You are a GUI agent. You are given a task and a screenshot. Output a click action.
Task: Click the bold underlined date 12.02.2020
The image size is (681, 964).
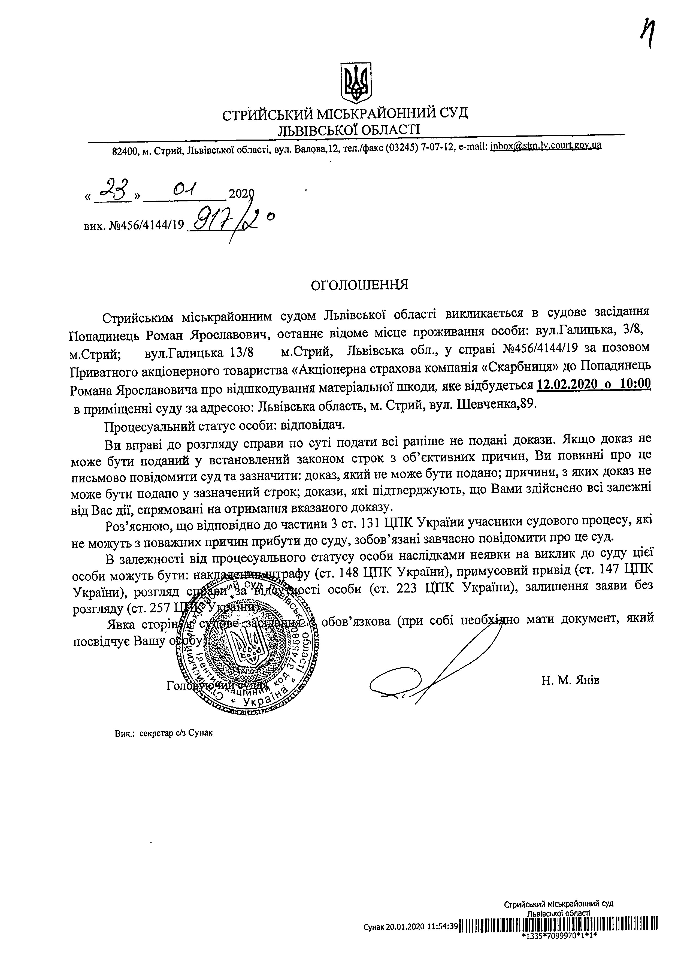568,384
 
